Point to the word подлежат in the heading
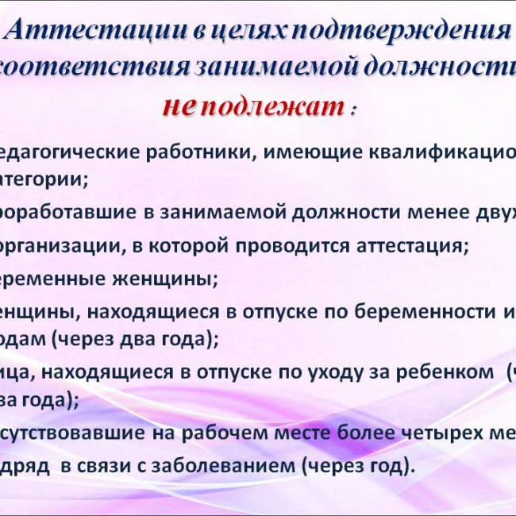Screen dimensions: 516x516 [x=270, y=106]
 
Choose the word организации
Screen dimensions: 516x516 [x=59, y=245]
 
